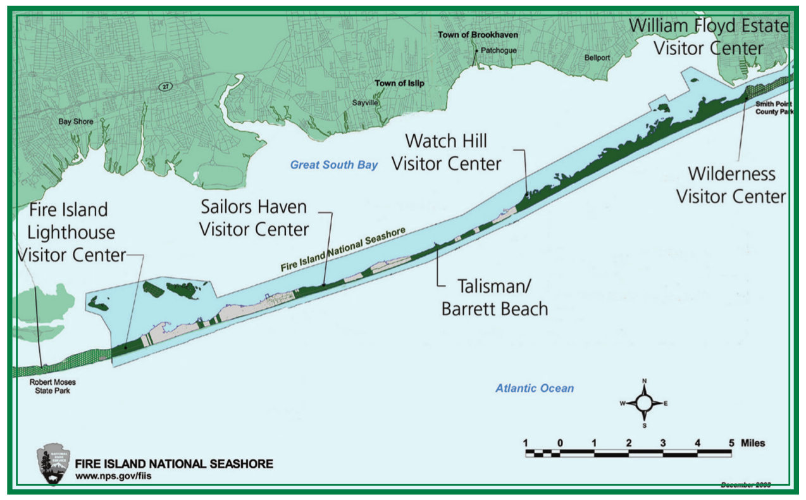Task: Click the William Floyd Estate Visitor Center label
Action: coord(709,37)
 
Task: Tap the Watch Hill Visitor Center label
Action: coord(446,152)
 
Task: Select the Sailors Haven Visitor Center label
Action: coord(254,218)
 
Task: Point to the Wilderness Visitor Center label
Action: coord(731,185)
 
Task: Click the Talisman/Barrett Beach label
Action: coord(494,298)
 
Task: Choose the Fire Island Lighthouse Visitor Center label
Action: coord(71,232)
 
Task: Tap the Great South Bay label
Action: coord(333,165)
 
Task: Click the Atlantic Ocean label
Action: coord(535,388)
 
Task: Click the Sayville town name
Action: coord(364,101)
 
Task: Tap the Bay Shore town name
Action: coord(76,122)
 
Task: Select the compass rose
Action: coord(644,403)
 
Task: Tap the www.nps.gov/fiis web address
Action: coord(113,476)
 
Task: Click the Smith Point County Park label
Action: coord(774,107)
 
